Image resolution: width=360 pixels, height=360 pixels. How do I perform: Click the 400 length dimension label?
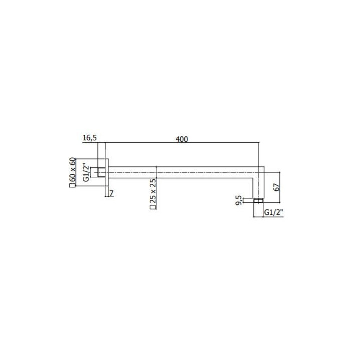[182, 139]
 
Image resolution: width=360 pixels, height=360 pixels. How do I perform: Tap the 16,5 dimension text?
[90, 138]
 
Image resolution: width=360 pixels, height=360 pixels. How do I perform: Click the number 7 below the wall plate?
[111, 194]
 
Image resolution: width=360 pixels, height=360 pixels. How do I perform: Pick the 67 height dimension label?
[277, 187]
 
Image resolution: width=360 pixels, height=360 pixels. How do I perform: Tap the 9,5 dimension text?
[239, 200]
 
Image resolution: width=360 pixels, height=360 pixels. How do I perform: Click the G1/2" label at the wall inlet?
[86, 172]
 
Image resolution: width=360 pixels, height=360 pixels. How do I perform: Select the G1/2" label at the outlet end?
[274, 213]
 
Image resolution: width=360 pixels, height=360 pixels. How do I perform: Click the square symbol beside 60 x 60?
[72, 185]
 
